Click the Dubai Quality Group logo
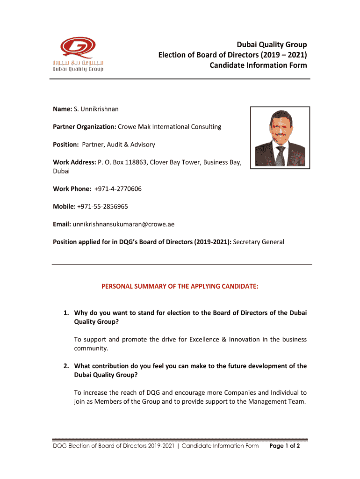click(x=78, y=54)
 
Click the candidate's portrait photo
click(x=280, y=137)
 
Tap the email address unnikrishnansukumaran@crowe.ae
click(x=123, y=224)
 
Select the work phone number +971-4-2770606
click(x=118, y=189)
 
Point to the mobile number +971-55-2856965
click(x=103, y=206)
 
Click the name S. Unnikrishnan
click(x=96, y=109)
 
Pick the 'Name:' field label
click(x=62, y=109)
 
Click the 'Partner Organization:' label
click(x=84, y=127)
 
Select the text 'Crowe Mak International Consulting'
click(x=170, y=127)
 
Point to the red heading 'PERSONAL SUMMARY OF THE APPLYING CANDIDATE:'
click(x=180, y=286)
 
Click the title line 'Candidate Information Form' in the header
click(x=258, y=65)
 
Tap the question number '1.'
click(x=67, y=312)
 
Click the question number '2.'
click(x=67, y=366)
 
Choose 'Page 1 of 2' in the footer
click(x=285, y=446)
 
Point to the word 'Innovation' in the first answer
click(x=245, y=339)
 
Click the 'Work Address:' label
click(x=74, y=162)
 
